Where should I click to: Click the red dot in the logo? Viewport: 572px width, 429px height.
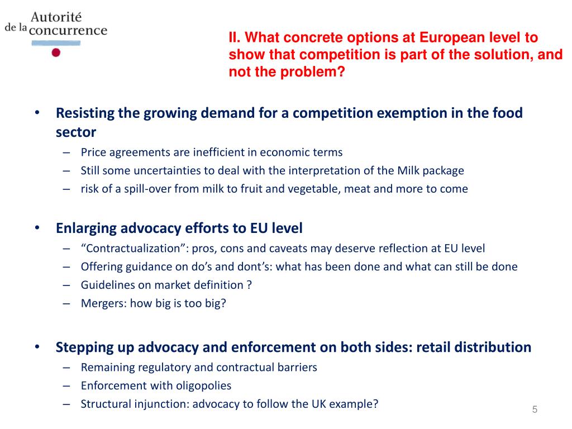[x=55, y=53]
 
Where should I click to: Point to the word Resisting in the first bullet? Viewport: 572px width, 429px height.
[x=85, y=113]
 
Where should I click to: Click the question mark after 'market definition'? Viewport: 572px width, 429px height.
[x=249, y=285]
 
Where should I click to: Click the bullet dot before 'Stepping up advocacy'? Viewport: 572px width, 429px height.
[x=36, y=347]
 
